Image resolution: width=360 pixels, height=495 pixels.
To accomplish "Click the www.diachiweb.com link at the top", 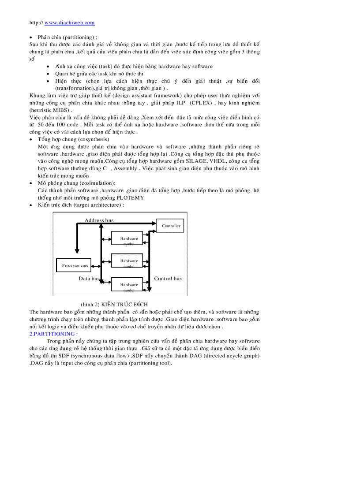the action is pyautogui.click(x=70, y=22).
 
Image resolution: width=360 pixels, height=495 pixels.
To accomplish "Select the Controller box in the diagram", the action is pyautogui.click(x=171, y=226).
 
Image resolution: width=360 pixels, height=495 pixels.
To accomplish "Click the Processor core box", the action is pyautogui.click(x=75, y=265).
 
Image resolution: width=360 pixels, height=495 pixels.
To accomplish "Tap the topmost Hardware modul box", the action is pyautogui.click(x=129, y=238).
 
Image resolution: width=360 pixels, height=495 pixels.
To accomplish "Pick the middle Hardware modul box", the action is pyautogui.click(x=129, y=261).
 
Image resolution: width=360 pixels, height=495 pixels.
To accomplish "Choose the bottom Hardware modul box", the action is pyautogui.click(x=129, y=285).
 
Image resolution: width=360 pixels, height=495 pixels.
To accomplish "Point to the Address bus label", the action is pyautogui.click(x=99, y=220).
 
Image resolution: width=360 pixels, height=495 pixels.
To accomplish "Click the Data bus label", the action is pyautogui.click(x=89, y=279).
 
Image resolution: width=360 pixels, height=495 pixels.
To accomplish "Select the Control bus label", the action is pyautogui.click(x=168, y=279).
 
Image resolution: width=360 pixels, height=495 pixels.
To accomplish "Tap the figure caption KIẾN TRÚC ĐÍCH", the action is pyautogui.click(x=124, y=305).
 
